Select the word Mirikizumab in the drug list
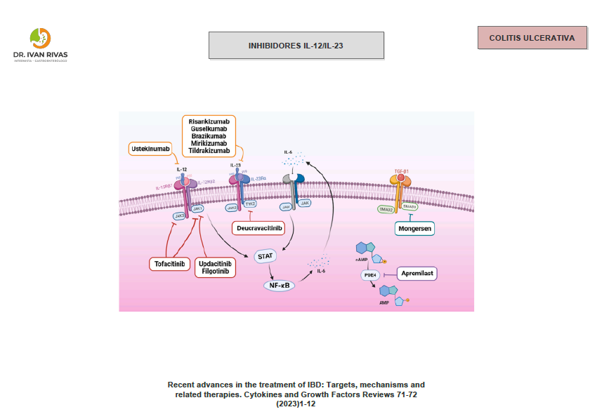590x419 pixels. pos(209,143)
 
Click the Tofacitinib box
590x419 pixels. pos(171,264)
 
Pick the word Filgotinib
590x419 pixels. pos(215,271)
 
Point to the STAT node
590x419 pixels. pos(265,257)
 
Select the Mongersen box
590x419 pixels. pos(414,228)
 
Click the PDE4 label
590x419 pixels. pos(371,275)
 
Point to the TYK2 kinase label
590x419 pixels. pos(250,204)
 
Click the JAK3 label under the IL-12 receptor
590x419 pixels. pos(179,216)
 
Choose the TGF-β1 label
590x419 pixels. pos(402,171)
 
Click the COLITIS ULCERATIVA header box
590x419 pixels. pos(532,38)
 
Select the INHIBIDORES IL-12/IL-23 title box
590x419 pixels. pos(296,46)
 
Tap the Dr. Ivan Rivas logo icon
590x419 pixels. pos(41,38)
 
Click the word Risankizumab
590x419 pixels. pos(209,121)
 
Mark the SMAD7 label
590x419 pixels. pos(410,207)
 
